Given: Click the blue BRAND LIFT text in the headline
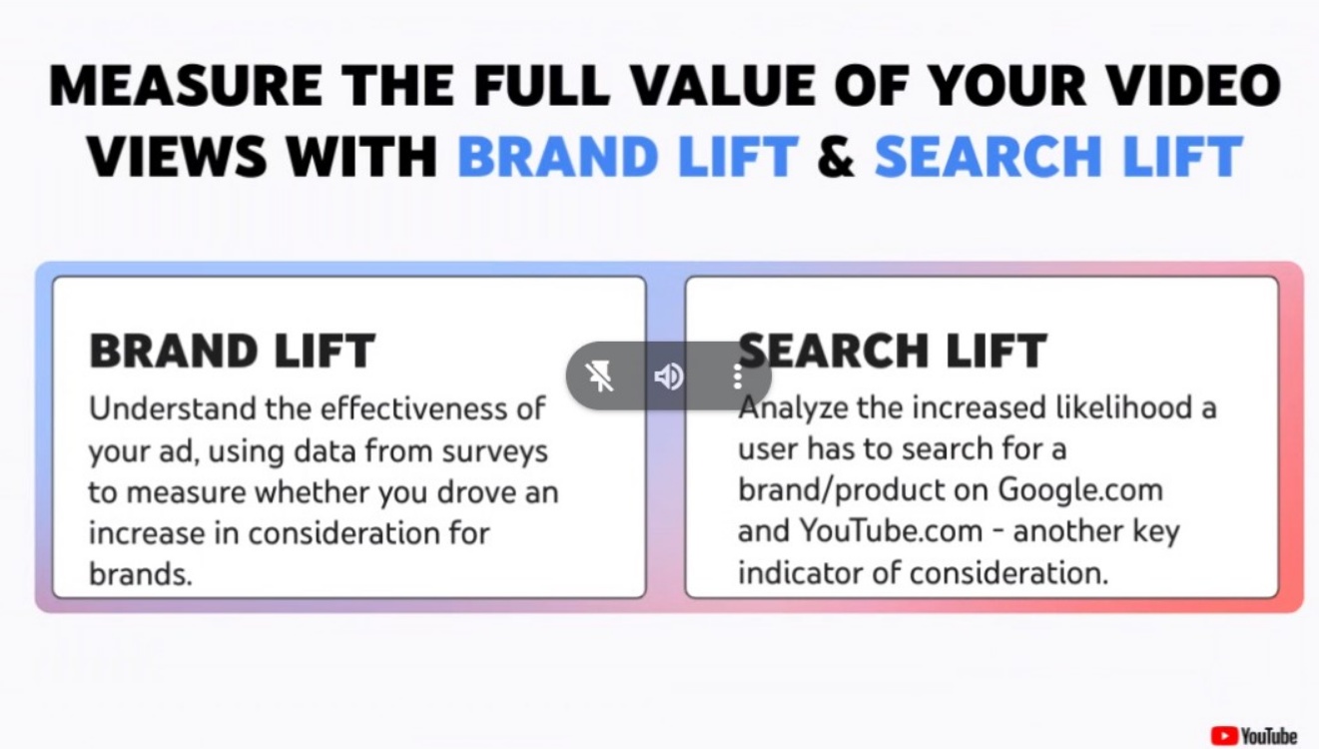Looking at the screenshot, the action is point(628,156).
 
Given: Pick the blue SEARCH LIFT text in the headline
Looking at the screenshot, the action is point(1058,156).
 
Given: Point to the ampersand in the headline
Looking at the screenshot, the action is point(836,157).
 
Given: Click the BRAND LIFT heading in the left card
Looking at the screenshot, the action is point(232,351).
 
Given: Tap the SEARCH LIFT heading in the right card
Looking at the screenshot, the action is point(893,351).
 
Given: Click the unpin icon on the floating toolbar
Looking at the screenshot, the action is point(599,376).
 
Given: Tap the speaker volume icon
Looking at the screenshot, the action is point(669,376).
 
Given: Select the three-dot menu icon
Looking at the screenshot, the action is point(737,376).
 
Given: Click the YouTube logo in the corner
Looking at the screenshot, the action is point(1254,735).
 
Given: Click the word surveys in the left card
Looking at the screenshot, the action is point(495,452).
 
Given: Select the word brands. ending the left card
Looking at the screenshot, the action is point(141,573).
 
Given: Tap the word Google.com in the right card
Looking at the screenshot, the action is point(1080,490).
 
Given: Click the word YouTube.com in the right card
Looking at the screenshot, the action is point(891,531).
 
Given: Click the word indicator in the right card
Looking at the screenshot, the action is point(802,573).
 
